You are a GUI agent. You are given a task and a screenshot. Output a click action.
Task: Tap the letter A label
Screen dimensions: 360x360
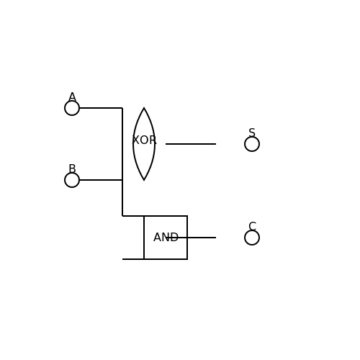pos(72,97)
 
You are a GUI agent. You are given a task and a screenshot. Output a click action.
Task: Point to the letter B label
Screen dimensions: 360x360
pos(72,168)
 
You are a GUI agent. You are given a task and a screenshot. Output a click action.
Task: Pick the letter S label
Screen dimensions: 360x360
pos(252,132)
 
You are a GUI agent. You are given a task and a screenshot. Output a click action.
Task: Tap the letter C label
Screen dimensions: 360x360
pos(252,226)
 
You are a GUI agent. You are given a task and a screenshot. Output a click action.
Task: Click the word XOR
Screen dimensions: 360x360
pos(144,140)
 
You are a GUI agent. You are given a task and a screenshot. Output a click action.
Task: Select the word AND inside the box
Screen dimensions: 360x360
pos(166,238)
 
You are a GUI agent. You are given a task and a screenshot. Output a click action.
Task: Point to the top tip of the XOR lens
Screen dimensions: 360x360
pos(144,108)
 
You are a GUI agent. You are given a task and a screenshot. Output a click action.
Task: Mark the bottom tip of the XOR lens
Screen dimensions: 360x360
pos(144,180)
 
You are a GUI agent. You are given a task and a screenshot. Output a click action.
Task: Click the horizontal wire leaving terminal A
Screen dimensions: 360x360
pos(101,108)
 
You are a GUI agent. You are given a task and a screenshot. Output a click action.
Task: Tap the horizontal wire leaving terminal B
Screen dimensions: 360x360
pos(101,180)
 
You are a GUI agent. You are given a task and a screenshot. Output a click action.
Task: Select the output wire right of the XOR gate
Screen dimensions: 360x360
pos(191,144)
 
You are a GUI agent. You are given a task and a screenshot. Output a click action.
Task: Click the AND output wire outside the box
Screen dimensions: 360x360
pos(202,238)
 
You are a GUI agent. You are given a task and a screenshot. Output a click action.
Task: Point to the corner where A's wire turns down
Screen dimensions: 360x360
pos(122,108)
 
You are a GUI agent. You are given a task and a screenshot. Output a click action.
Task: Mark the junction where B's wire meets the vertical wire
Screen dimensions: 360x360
pos(122,180)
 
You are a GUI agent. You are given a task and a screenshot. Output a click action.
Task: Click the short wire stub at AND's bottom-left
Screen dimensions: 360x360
pos(133,259)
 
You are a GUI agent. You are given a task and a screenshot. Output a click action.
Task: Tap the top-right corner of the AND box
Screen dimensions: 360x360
pos(187,216)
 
